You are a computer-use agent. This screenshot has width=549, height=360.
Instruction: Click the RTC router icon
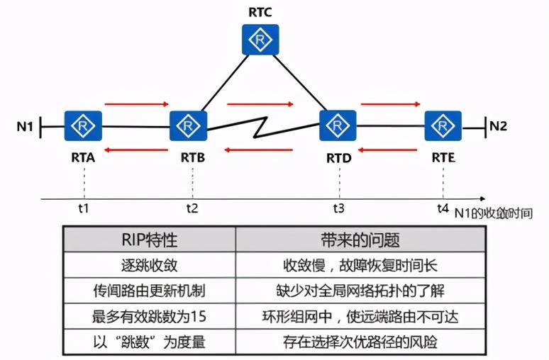tap(259, 41)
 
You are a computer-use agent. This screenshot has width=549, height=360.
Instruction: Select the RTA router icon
tap(84, 128)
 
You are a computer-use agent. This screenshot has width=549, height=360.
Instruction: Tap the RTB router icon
tap(189, 127)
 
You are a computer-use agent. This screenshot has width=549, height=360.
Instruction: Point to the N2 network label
tap(499, 127)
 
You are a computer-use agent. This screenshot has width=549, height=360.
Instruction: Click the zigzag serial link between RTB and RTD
tap(263, 128)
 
